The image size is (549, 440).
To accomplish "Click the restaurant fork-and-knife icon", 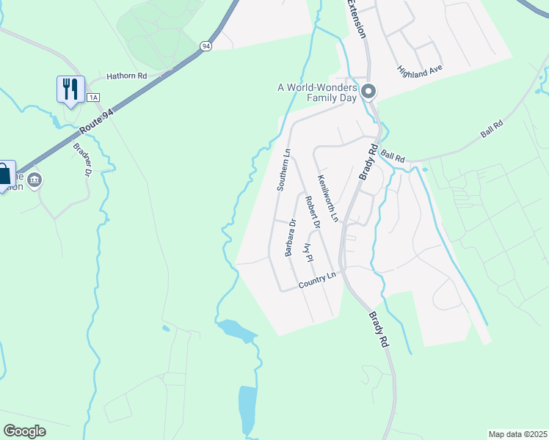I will [x=70, y=89].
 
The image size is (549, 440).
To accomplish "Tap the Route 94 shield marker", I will [x=206, y=45].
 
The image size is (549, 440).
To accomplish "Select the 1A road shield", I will [x=92, y=98].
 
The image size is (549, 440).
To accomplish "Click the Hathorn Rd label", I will [x=127, y=76].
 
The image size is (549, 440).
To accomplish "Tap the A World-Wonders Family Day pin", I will [x=368, y=92].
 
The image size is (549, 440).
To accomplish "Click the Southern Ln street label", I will [x=284, y=171].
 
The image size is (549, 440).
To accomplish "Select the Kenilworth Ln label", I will [x=327, y=198].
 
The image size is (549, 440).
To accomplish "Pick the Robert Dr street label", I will [x=313, y=213].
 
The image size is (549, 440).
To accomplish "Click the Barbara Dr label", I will [x=291, y=238].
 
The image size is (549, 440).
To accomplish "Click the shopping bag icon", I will [x=4, y=174].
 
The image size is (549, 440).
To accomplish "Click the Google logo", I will [x=24, y=430].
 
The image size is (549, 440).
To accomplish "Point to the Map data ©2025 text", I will [x=517, y=434].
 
